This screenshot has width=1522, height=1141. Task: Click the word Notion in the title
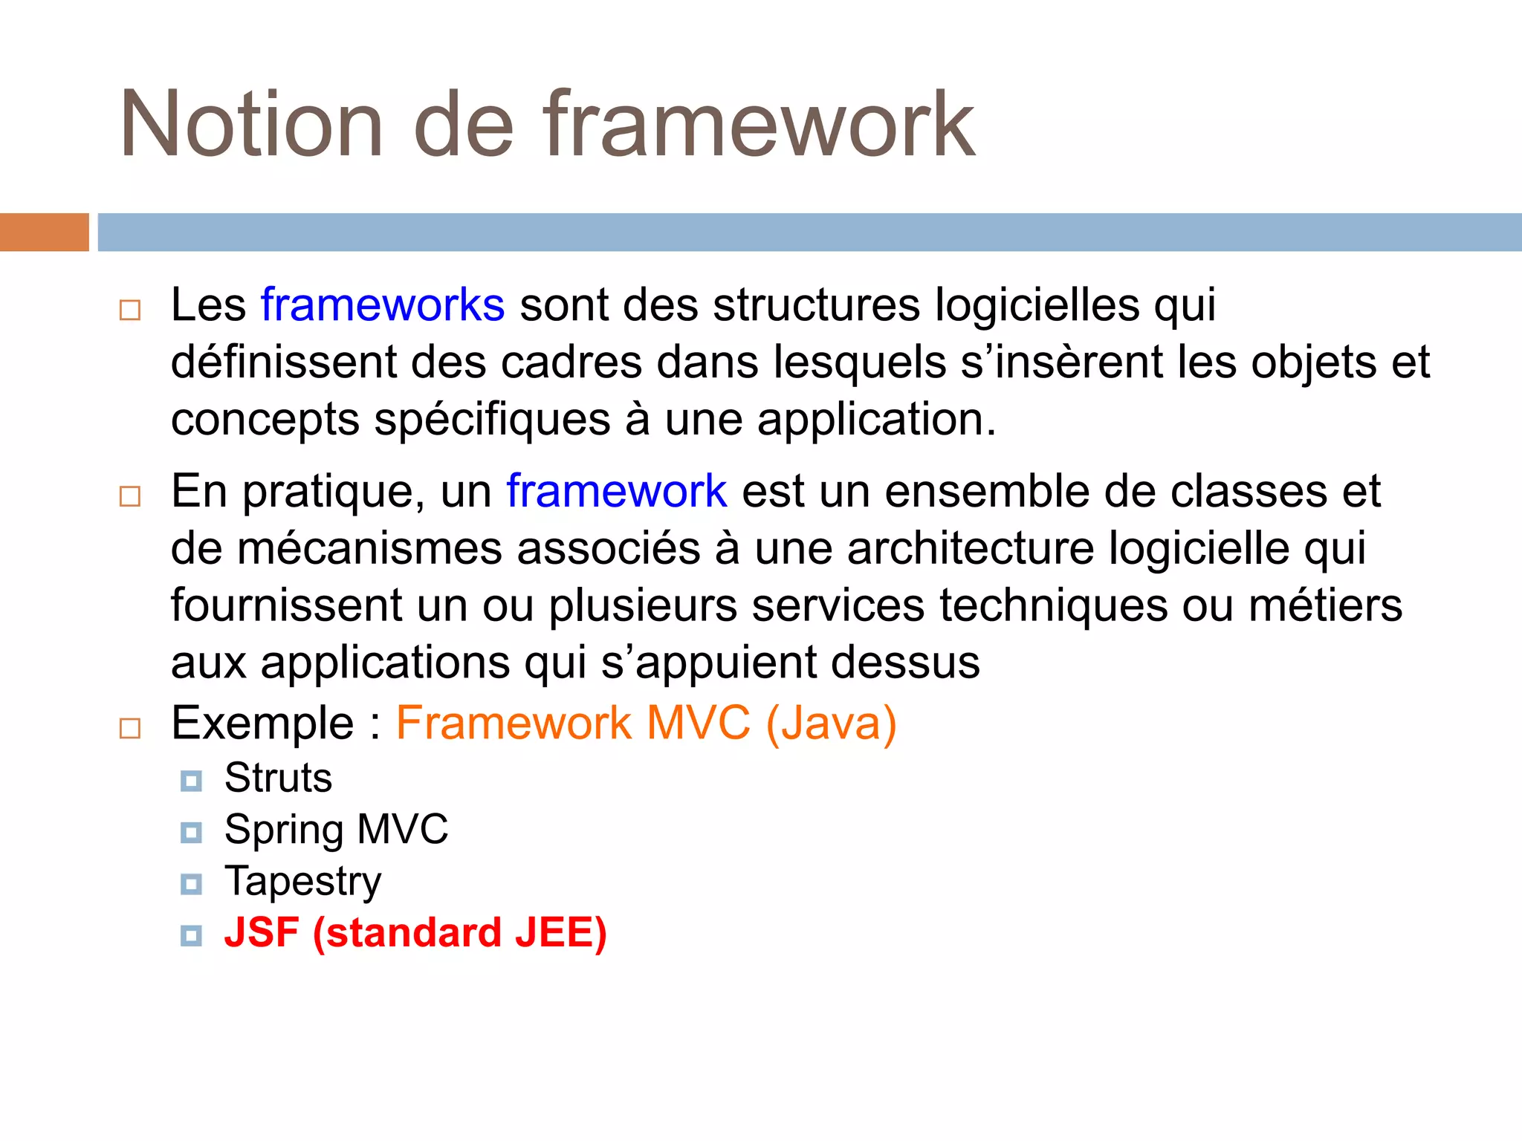251,124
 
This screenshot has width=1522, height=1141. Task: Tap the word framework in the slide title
758,124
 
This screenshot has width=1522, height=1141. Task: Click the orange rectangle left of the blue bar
44,232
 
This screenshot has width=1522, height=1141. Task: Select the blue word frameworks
383,305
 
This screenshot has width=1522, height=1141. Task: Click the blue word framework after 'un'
616,491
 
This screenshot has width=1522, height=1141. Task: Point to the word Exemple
262,723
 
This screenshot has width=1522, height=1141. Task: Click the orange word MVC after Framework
698,723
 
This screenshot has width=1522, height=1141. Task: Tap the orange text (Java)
831,724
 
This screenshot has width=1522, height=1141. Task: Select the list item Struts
278,778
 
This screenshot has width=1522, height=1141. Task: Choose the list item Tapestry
302,882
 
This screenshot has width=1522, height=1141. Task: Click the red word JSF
262,933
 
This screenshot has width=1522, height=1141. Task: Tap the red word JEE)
561,934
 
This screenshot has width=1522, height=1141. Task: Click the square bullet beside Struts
191,781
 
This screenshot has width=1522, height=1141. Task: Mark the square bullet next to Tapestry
191,884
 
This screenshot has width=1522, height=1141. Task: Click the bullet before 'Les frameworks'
130,310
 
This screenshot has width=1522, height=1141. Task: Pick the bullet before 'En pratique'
130,495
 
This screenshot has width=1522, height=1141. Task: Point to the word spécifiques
492,420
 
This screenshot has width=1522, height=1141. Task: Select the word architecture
971,548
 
